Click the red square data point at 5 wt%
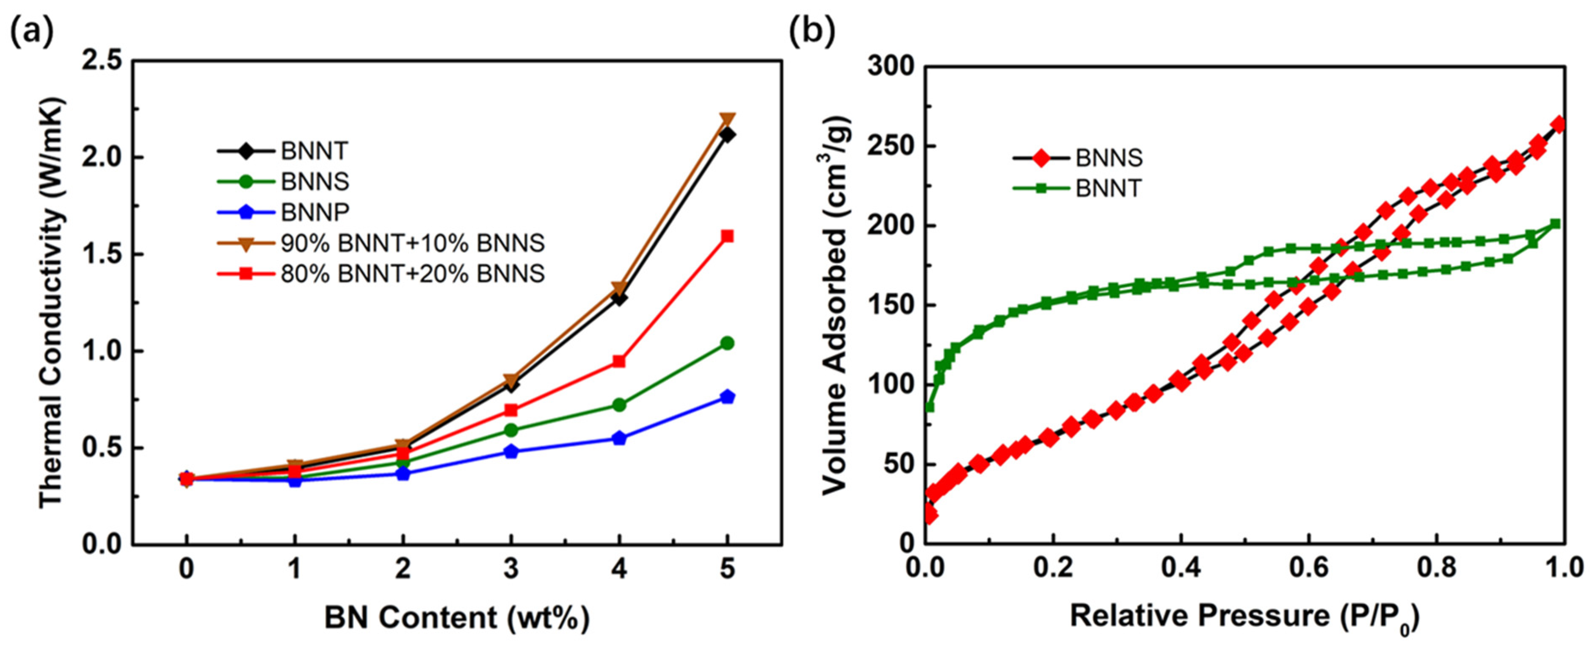(727, 236)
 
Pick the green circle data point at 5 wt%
(727, 343)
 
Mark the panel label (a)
(32, 31)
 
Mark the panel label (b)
(812, 31)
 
